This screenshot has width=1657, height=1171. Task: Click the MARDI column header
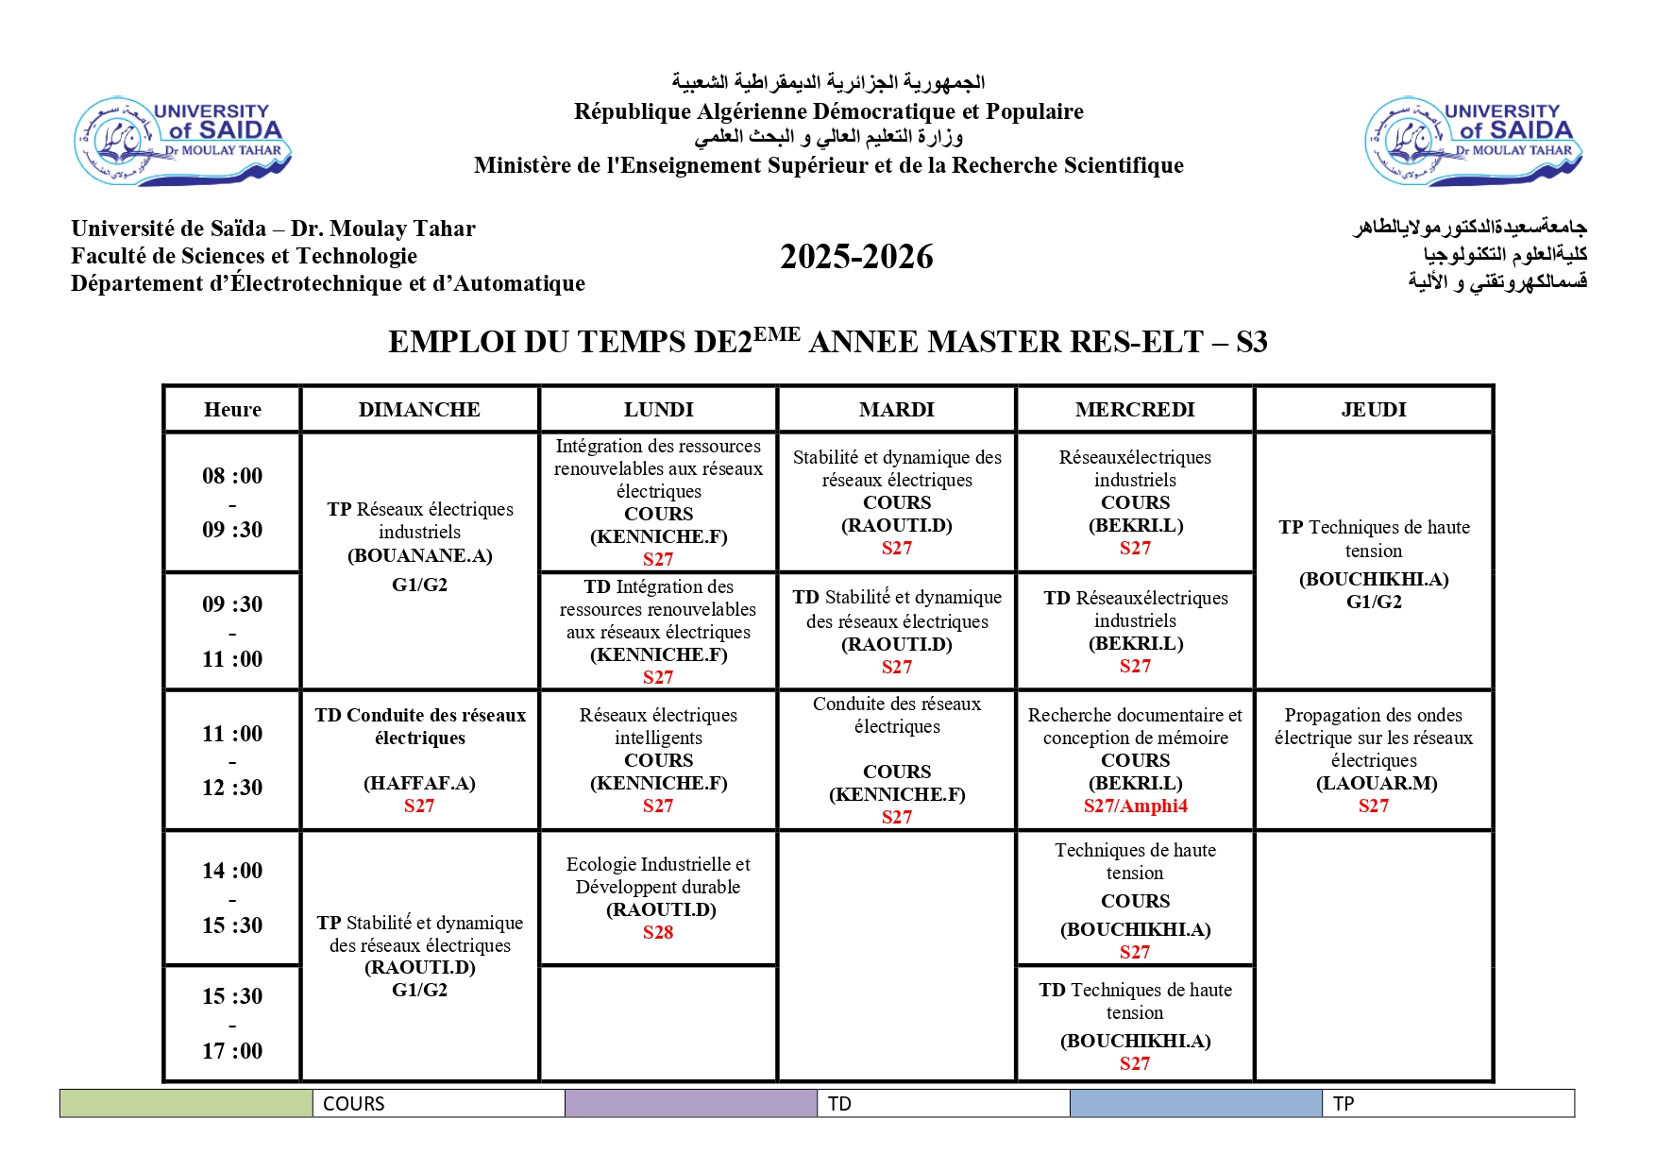click(x=896, y=409)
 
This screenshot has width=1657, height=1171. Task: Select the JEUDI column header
click(x=1373, y=409)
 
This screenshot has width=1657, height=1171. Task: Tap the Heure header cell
click(x=232, y=409)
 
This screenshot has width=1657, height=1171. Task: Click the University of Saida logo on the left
click(x=182, y=141)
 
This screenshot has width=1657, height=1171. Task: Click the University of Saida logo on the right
click(x=1473, y=141)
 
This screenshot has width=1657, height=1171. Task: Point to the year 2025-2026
click(x=856, y=257)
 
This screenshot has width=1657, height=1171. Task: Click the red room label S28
click(x=658, y=932)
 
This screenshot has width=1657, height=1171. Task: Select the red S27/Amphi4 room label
click(x=1135, y=806)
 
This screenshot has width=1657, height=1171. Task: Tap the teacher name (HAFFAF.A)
click(x=419, y=783)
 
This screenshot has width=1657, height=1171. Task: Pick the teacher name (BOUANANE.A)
click(x=419, y=555)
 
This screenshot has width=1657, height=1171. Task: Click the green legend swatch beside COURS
click(x=186, y=1103)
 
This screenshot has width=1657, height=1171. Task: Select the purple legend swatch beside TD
click(x=691, y=1103)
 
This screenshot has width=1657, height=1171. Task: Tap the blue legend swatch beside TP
click(x=1195, y=1103)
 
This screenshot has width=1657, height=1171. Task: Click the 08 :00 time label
click(x=232, y=476)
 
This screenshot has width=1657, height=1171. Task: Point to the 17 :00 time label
click(x=232, y=1050)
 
